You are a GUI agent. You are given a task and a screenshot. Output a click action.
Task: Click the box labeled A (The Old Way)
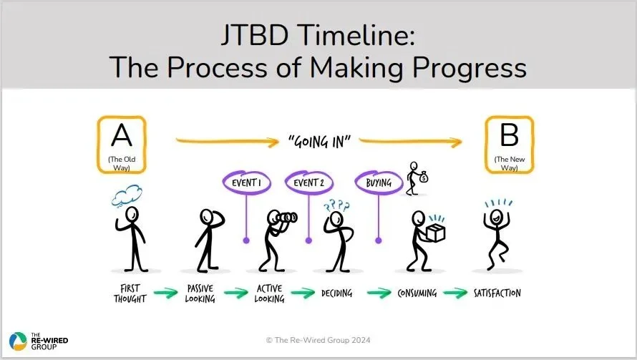coord(122,145)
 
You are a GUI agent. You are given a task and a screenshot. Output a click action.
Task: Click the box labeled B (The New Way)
coord(510,145)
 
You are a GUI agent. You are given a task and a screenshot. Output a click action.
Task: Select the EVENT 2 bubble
coord(308,183)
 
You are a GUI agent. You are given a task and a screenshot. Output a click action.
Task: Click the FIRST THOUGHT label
coord(130,295)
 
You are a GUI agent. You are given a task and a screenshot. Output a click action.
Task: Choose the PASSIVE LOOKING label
coord(200,295)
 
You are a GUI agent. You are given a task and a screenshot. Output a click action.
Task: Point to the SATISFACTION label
coord(497,293)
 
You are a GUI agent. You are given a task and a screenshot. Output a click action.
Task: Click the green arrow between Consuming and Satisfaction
coord(455,293)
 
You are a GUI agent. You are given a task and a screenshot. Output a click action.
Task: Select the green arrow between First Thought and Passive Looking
coord(165,293)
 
